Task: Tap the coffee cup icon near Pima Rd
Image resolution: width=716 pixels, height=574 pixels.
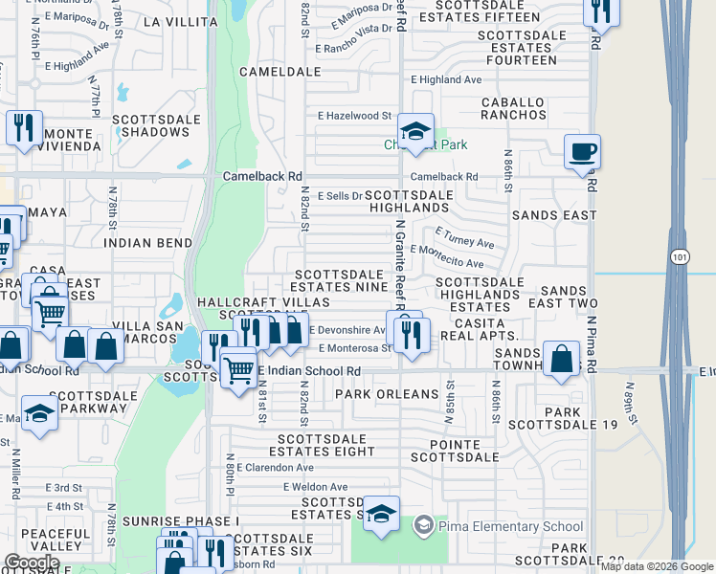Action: pyautogui.click(x=582, y=152)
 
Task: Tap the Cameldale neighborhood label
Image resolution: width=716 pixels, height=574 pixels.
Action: pyautogui.click(x=280, y=72)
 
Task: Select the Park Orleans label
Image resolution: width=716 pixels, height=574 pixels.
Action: pyautogui.click(x=387, y=394)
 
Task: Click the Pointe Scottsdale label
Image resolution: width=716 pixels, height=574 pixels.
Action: pyautogui.click(x=455, y=450)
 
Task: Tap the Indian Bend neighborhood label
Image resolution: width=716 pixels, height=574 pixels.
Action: pyautogui.click(x=147, y=243)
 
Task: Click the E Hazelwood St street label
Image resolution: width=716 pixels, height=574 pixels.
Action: pyautogui.click(x=354, y=115)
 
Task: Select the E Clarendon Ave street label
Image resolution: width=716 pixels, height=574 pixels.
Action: pyautogui.click(x=274, y=468)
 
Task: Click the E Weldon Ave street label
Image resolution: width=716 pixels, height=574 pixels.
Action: pyautogui.click(x=315, y=486)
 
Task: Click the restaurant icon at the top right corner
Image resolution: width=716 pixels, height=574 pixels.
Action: pyautogui.click(x=600, y=11)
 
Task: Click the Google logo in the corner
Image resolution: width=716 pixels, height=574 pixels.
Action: pyautogui.click(x=32, y=562)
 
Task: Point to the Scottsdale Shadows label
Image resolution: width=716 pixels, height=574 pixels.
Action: pyautogui.click(x=156, y=125)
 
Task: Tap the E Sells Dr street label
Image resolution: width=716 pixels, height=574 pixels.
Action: pyautogui.click(x=341, y=194)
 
